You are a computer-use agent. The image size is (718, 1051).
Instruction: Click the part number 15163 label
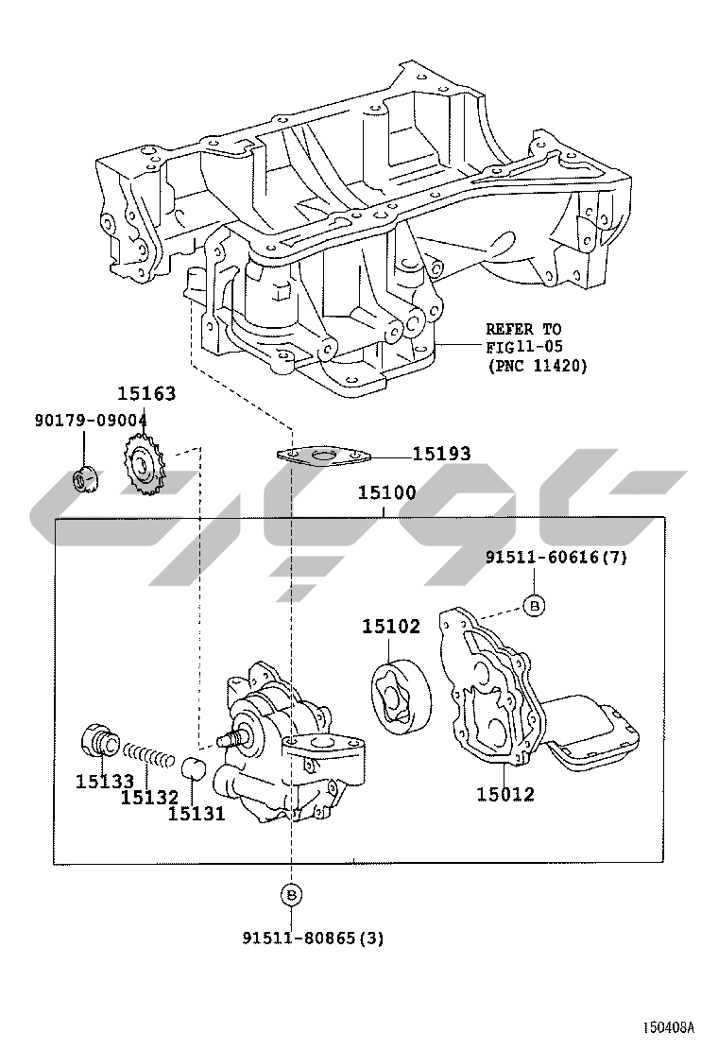[x=146, y=393]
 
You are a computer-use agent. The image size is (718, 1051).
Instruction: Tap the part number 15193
[x=441, y=454]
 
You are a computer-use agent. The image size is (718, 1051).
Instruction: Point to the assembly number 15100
[x=386, y=493]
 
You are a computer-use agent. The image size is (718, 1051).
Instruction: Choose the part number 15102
[x=391, y=626]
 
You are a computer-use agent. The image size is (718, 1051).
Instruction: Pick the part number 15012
[x=504, y=794]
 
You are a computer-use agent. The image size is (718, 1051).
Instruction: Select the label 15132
[x=149, y=798]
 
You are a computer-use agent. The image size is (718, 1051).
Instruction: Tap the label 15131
[x=197, y=812]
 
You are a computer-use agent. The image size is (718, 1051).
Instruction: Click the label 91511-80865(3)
[x=313, y=939]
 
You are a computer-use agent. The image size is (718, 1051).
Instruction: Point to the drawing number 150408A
[x=669, y=1027]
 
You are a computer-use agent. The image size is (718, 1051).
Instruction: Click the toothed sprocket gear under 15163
[x=143, y=464]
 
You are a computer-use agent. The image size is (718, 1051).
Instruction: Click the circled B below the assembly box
[x=291, y=893]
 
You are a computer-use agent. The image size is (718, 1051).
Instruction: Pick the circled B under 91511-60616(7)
[x=534, y=605]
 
